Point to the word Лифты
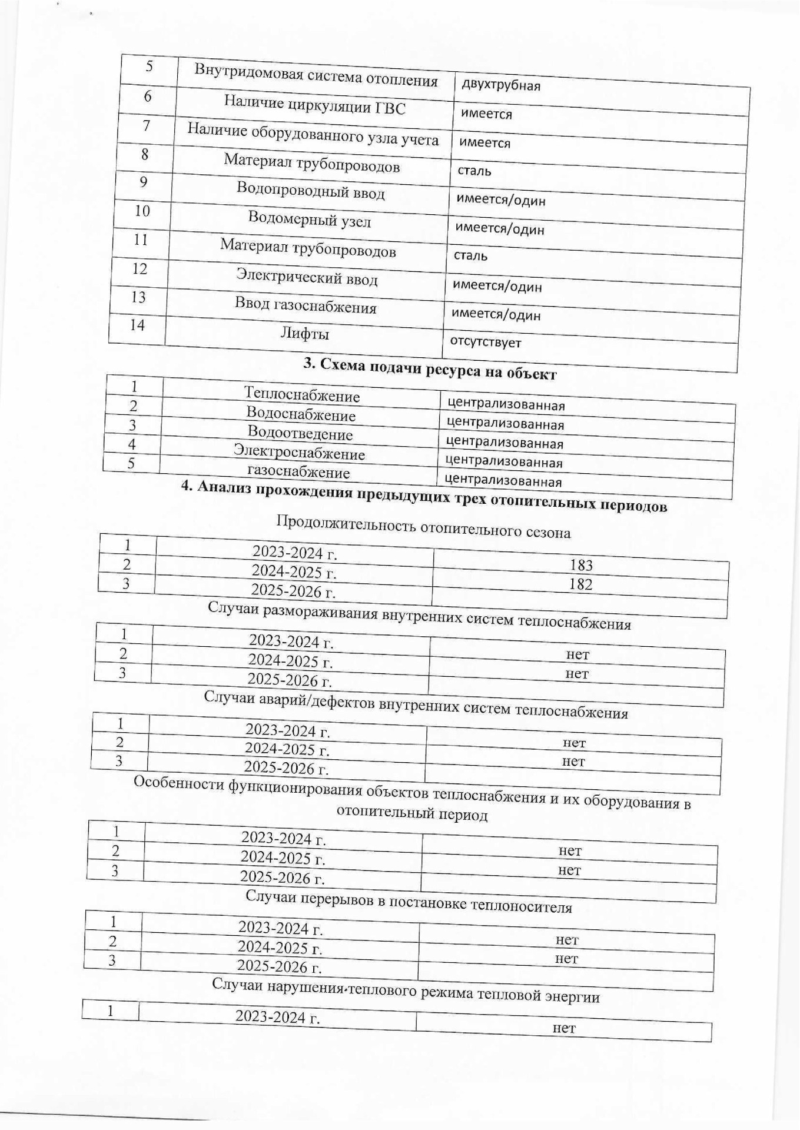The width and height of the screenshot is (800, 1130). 304,334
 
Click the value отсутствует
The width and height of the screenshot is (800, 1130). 486,342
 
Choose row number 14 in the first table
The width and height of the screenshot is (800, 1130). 137,325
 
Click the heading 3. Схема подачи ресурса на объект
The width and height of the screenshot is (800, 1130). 430,370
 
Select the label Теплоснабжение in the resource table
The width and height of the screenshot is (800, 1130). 301,395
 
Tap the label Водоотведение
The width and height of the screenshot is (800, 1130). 300,433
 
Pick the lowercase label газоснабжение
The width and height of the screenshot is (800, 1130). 298,472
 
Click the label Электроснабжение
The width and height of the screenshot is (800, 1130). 299,453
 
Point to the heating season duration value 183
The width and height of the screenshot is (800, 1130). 581,566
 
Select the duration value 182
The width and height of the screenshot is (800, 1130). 580,584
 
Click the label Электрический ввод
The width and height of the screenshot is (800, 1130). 307,277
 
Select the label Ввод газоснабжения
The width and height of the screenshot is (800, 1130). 306,306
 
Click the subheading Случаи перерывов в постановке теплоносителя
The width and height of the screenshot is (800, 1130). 408,902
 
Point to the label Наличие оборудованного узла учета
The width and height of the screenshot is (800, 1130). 313,135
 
